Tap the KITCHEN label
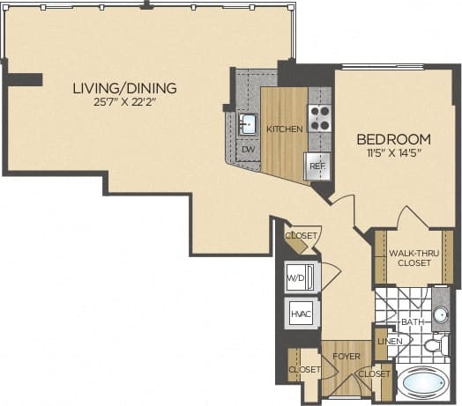285,129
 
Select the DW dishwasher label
250,149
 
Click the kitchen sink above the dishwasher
249,122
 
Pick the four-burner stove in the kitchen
318,118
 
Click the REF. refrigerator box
316,164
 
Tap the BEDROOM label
393,139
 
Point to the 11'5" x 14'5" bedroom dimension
393,154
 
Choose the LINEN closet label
390,341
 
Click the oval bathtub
424,385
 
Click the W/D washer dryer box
296,279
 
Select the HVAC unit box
298,314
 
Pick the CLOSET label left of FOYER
303,369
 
